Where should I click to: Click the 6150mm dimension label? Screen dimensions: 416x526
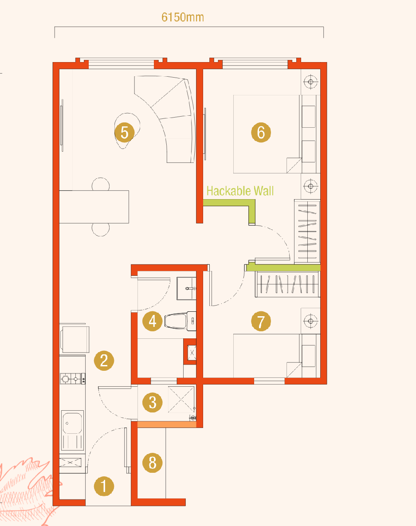pyautogui.click(x=183, y=17)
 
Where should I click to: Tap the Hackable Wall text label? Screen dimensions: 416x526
pyautogui.click(x=240, y=191)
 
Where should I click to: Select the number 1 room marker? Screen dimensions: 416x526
pyautogui.click(x=104, y=486)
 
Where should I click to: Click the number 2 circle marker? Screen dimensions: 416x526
pyautogui.click(x=104, y=361)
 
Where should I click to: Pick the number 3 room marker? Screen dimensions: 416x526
pyautogui.click(x=152, y=402)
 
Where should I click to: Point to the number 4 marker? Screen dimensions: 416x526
pyautogui.click(x=152, y=321)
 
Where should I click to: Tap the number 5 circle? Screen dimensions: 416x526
pyautogui.click(x=125, y=132)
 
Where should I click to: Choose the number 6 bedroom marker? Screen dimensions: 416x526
pyautogui.click(x=261, y=132)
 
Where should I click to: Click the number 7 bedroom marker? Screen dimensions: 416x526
pyautogui.click(x=261, y=321)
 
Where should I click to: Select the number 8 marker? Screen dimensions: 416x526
pyautogui.click(x=152, y=463)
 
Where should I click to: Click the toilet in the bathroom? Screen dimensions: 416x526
pyautogui.click(x=180, y=321)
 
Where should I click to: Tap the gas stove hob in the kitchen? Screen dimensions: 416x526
pyautogui.click(x=72, y=379)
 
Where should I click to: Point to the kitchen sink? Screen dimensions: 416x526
pyautogui.click(x=72, y=430)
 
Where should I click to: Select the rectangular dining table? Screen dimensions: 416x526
pyautogui.click(x=94, y=207)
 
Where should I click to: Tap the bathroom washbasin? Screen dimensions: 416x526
pyautogui.click(x=186, y=288)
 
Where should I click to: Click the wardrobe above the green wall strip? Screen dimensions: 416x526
pyautogui.click(x=307, y=232)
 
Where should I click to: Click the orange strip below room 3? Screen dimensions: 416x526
pyautogui.click(x=167, y=424)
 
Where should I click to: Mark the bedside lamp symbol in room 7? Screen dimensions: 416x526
pyautogui.click(x=310, y=321)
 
